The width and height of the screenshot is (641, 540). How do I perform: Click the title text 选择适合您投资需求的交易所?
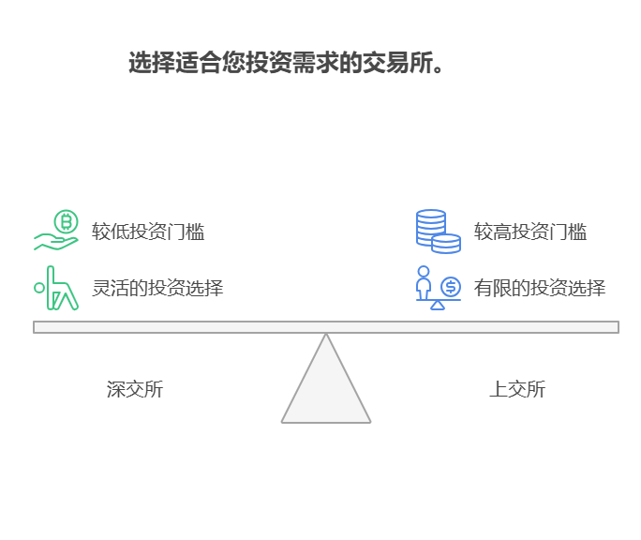286,64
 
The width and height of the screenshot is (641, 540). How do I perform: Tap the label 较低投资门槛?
148,232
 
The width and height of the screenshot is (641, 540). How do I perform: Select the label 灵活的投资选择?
157,288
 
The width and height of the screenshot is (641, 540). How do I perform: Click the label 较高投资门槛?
530,232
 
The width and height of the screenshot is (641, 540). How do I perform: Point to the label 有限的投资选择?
540,288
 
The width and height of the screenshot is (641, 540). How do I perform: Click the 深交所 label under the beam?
135,389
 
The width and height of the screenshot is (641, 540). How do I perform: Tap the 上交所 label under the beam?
517,389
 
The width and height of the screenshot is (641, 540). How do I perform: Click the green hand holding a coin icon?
56,231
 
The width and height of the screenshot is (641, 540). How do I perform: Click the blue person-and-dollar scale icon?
438,288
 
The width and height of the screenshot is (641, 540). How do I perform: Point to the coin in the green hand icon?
66,222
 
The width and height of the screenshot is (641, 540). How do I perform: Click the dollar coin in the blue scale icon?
451,286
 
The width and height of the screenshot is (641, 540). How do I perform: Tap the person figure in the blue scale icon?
424,282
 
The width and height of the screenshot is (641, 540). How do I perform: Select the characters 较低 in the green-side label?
110,232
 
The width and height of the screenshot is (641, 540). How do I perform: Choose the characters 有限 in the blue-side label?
492,288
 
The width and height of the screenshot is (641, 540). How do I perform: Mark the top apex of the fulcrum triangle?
326,336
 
